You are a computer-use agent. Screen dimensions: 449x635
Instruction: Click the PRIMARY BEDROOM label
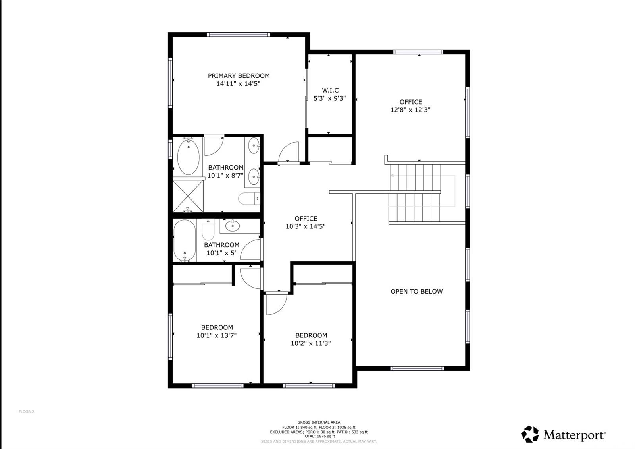pos(239,75)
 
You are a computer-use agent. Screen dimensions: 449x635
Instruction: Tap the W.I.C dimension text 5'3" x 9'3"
pos(329,98)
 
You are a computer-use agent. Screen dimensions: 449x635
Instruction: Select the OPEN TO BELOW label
pos(416,291)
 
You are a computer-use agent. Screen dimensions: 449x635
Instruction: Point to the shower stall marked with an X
pos(188,196)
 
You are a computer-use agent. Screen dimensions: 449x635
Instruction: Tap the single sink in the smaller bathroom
pos(232,226)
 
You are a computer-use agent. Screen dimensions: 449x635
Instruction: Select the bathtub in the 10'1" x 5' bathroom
pos(185,241)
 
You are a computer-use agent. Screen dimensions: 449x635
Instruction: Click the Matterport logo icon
pos(530,434)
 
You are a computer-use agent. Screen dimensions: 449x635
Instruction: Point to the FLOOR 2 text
pos(26,412)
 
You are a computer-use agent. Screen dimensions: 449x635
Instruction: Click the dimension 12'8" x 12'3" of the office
pos(410,110)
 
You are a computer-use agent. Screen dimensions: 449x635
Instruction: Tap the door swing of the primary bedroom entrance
pos(287,153)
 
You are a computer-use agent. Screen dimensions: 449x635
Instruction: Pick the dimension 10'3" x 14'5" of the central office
pos(306,226)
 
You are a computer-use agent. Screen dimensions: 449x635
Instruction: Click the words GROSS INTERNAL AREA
pos(319,422)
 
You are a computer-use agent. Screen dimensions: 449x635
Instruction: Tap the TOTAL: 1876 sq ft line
pos(319,436)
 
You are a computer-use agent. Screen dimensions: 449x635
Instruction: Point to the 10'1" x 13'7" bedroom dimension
pos(217,335)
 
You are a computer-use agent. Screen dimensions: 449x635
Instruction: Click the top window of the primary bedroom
pos(239,35)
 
